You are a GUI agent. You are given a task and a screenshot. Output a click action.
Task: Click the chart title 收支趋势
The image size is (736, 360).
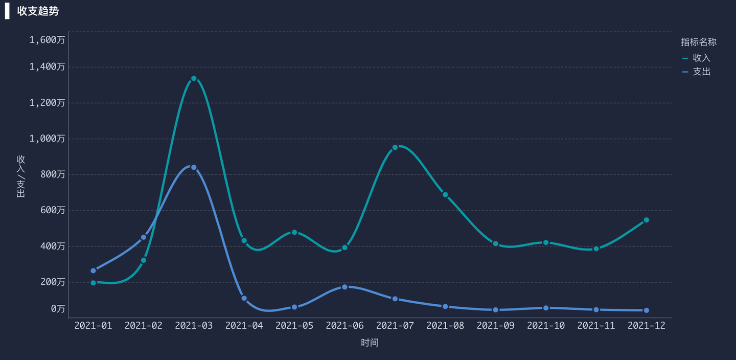pyautogui.click(x=38, y=11)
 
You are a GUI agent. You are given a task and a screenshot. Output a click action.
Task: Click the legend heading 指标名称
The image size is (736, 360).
pyautogui.click(x=698, y=42)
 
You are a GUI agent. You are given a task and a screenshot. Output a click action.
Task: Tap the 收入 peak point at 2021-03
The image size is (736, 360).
pyautogui.click(x=194, y=79)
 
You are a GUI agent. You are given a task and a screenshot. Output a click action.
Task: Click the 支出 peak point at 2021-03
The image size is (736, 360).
pyautogui.click(x=194, y=167)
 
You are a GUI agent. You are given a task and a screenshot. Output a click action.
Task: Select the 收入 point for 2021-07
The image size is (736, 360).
pyautogui.click(x=395, y=147)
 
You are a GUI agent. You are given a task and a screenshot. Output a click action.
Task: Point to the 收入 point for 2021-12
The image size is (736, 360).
pyautogui.click(x=646, y=220)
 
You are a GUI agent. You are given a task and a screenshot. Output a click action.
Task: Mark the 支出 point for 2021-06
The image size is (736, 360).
pyautogui.click(x=344, y=287)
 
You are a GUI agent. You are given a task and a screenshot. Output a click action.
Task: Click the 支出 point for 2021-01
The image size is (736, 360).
pyautogui.click(x=93, y=271)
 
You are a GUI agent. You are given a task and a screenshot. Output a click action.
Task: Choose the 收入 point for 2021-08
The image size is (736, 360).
pyautogui.click(x=445, y=195)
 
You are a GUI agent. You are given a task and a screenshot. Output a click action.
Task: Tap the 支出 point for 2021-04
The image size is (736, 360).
pyautogui.click(x=244, y=298)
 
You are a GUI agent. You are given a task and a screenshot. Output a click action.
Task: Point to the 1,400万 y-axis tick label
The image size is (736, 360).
pyautogui.click(x=47, y=66)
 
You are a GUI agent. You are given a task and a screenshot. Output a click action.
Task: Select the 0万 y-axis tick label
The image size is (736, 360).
pyautogui.click(x=58, y=309)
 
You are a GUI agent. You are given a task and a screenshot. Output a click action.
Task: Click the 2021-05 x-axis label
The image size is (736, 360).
pyautogui.click(x=294, y=326)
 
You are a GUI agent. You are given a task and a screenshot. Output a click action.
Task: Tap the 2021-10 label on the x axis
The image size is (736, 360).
pyautogui.click(x=546, y=326)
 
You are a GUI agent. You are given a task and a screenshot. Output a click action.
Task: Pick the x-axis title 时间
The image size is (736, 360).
pyautogui.click(x=370, y=343)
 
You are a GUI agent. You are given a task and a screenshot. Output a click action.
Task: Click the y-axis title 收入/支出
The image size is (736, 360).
pyautogui.click(x=21, y=176)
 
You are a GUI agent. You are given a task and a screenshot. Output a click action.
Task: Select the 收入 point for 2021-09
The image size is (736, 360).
pyautogui.click(x=495, y=243)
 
